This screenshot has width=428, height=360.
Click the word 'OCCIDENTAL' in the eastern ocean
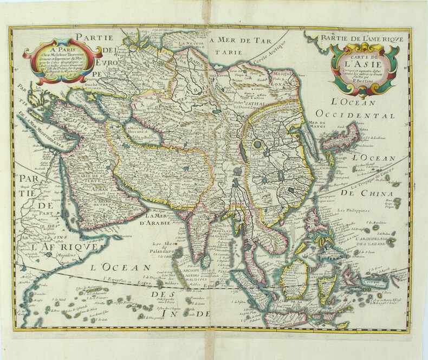coord(358,114)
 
